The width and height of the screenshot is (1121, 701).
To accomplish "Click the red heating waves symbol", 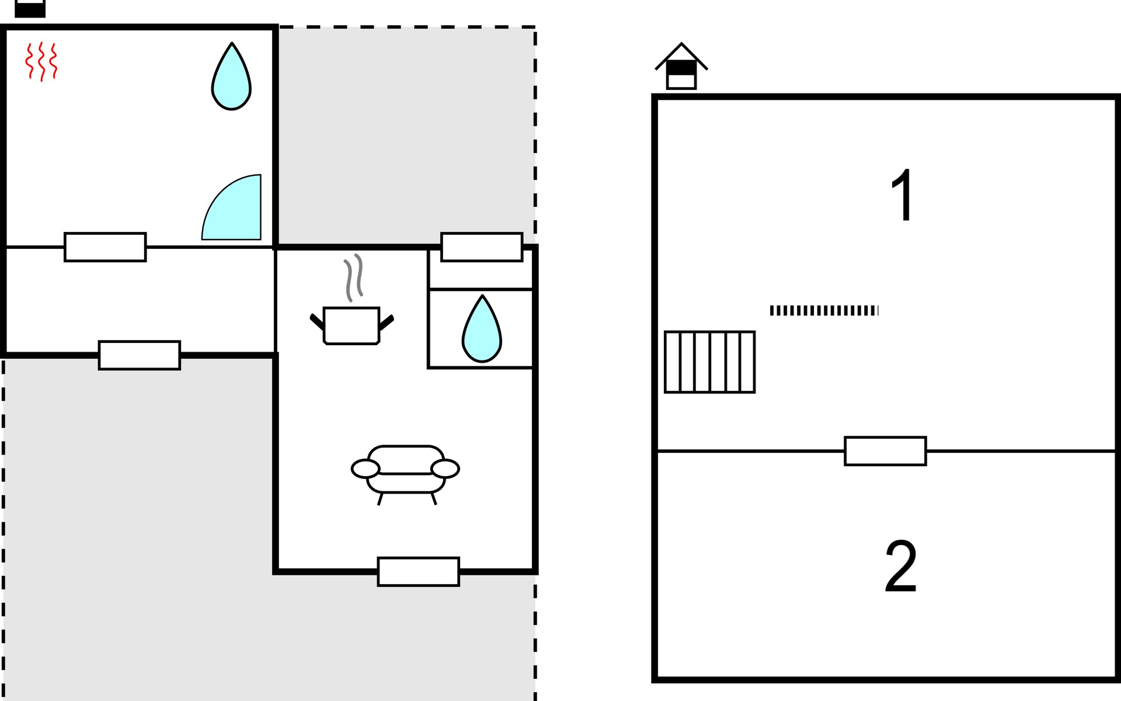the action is [41, 61].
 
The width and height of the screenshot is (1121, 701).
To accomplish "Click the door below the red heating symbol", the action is [105, 247].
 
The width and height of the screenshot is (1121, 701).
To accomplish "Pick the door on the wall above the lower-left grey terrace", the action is [140, 355].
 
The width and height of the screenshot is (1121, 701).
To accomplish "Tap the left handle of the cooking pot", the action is [317, 322].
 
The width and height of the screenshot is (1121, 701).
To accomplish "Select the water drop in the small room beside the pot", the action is [482, 329].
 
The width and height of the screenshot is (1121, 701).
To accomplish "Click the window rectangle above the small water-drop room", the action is [482, 247].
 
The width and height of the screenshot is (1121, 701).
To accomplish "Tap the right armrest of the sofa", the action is [445, 469].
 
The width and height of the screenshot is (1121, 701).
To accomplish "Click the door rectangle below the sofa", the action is [419, 572].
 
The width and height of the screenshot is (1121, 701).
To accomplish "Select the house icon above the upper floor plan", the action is [681, 65].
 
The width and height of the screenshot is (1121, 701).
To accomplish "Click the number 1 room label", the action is [903, 195].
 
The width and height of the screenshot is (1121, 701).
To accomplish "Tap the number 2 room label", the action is [901, 565].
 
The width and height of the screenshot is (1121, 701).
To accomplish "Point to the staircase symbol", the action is [710, 362].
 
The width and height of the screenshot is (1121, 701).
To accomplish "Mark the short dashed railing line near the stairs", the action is [824, 311].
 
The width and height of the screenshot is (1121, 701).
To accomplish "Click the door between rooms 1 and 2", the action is [885, 451].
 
